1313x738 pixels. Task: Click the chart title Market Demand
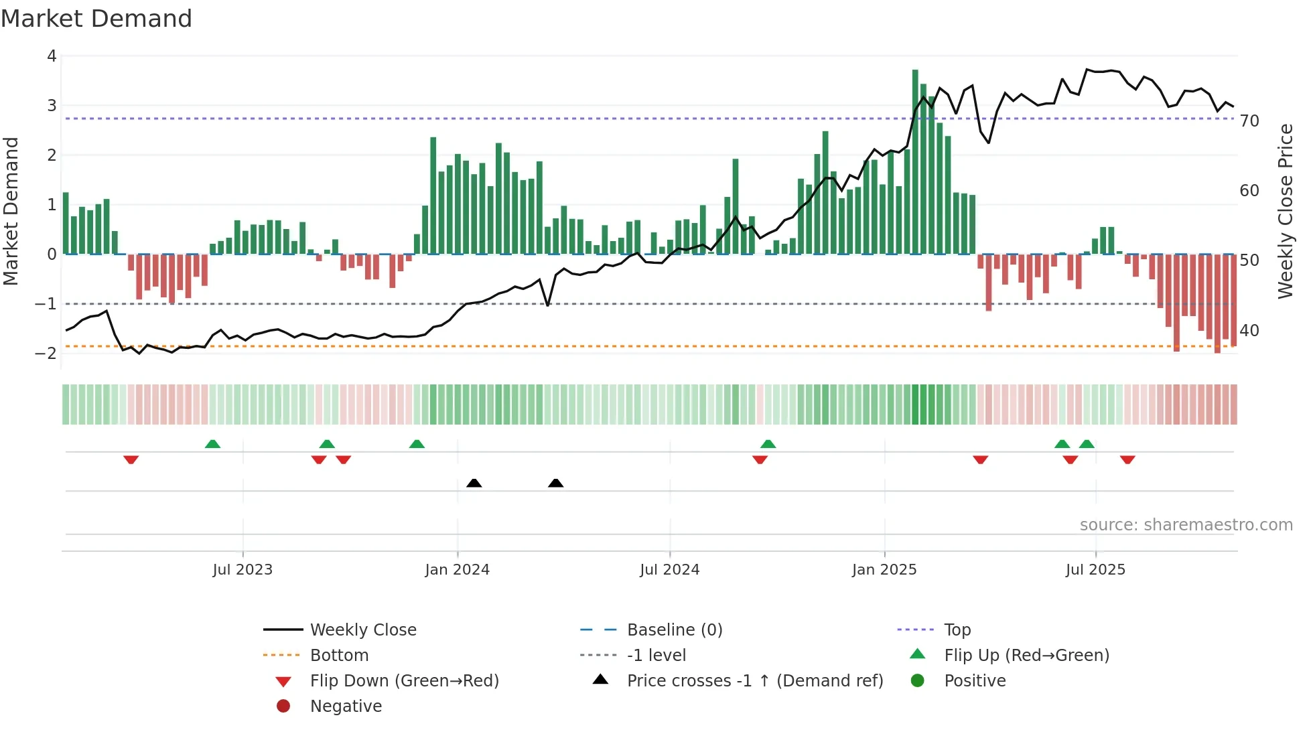pos(96,19)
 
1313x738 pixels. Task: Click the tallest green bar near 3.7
pos(915,161)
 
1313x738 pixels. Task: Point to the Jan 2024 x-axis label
pos(457,570)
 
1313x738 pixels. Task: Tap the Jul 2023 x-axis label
pos(243,570)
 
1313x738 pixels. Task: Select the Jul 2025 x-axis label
pos(1095,570)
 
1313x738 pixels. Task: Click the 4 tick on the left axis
pos(52,56)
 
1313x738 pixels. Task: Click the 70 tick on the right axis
pos(1249,121)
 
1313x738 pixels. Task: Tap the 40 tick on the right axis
pos(1249,331)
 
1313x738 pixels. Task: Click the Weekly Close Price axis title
pos(1286,211)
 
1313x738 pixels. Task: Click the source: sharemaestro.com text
pos(1186,525)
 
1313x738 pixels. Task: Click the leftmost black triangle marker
pos(474,483)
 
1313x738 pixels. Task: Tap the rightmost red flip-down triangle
pos(1127,459)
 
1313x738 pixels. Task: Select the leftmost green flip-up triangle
pos(212,444)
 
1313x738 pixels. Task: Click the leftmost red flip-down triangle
pos(131,459)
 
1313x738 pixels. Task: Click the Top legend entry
pos(957,630)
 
